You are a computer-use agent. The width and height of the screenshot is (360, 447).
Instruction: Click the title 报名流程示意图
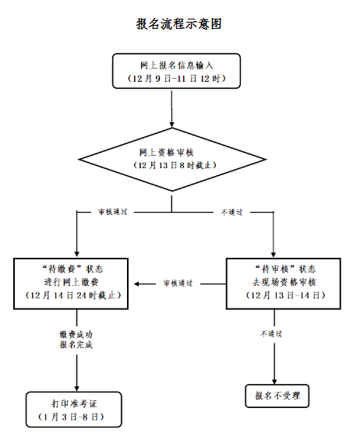tap(179, 23)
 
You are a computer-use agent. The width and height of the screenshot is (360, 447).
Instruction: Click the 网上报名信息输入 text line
tap(177, 65)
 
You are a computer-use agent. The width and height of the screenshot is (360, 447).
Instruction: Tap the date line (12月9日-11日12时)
tap(177, 78)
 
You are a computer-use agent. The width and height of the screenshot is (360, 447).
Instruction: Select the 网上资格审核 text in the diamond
tap(166, 152)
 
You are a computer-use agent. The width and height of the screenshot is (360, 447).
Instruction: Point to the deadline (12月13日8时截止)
tap(175, 165)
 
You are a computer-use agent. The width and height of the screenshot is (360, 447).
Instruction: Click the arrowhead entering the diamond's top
tap(171, 125)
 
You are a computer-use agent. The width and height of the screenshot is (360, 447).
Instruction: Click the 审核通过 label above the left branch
tap(113, 212)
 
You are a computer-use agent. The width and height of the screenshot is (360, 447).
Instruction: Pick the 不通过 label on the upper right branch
tap(232, 212)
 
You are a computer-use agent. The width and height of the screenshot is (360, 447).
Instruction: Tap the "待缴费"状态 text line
tap(72, 269)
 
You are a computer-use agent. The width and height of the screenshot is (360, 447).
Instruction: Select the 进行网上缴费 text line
tap(71, 282)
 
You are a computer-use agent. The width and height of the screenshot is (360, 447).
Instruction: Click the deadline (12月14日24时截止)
tap(73, 295)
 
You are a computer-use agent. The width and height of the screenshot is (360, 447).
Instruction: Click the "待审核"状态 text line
tap(285, 269)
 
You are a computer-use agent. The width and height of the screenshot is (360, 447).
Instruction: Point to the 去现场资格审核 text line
tap(284, 282)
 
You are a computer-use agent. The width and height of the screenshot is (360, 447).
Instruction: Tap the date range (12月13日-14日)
tap(285, 295)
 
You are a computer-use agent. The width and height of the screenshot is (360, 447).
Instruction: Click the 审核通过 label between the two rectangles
tap(178, 283)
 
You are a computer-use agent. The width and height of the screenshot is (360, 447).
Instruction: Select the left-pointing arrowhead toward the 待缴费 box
tap(136, 284)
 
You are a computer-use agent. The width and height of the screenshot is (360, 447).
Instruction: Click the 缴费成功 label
tap(76, 334)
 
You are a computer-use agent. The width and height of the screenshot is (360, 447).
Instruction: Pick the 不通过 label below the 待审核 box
tap(271, 334)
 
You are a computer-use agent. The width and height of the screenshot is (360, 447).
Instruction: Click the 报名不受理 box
tap(277, 396)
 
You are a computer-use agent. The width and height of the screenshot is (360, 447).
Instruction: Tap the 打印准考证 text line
tap(75, 403)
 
